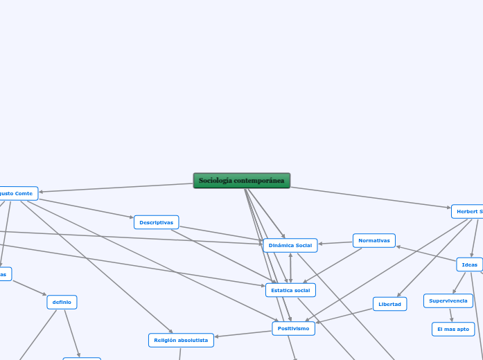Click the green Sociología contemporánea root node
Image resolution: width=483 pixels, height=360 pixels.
pyautogui.click(x=241, y=181)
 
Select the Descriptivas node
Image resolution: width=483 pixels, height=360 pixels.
pyautogui.click(x=156, y=222)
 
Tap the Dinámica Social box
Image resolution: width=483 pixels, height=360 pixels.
pyautogui.click(x=290, y=245)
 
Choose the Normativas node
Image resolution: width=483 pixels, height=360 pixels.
pyautogui.click(x=374, y=240)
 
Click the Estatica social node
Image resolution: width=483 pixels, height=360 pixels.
pyautogui.click(x=290, y=290)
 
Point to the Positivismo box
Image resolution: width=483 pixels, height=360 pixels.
pyautogui.click(x=293, y=328)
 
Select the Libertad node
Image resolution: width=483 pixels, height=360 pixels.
pyautogui.click(x=389, y=304)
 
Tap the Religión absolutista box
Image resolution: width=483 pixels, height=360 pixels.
pyautogui.click(x=181, y=340)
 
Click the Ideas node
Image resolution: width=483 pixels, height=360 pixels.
pyautogui.click(x=469, y=264)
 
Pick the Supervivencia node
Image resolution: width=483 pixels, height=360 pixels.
pyautogui.click(x=448, y=300)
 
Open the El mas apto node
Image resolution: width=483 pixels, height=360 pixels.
pyautogui.click(x=453, y=329)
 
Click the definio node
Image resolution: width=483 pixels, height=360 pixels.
pyautogui.click(x=62, y=302)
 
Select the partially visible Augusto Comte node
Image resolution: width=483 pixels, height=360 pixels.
pyautogui.click(x=17, y=193)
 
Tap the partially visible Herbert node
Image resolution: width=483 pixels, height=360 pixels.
pyautogui.click(x=468, y=211)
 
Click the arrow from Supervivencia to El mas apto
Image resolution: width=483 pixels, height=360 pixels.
pyautogui.click(x=450, y=315)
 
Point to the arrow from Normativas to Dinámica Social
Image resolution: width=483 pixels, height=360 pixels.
pyautogui.click(x=335, y=242)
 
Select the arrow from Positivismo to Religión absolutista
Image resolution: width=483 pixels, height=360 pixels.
pyautogui.click(x=243, y=334)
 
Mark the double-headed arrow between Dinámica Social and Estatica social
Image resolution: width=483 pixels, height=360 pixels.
pyautogui.click(x=290, y=267)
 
